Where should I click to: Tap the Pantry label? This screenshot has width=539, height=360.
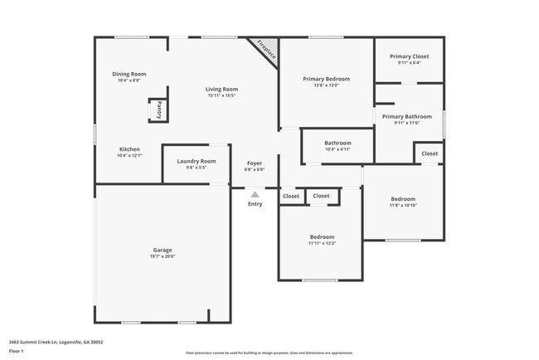pyautogui.click(x=158, y=110)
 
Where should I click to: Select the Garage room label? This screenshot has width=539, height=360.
pyautogui.click(x=163, y=250)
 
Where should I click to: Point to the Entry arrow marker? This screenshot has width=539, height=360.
pyautogui.click(x=255, y=195)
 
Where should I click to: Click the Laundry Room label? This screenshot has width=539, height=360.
pyautogui.click(x=197, y=161)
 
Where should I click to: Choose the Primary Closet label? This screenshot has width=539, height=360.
pyautogui.click(x=409, y=56)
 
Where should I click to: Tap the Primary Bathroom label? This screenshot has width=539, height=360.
pyautogui.click(x=406, y=117)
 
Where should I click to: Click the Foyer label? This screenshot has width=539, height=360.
pyautogui.click(x=255, y=163)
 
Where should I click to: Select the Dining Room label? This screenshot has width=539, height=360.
pyautogui.click(x=129, y=74)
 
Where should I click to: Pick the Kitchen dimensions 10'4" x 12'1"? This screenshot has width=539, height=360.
pyautogui.click(x=129, y=156)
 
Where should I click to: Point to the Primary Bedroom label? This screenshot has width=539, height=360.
pyautogui.click(x=326, y=79)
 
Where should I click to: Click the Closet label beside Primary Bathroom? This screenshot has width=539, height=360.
pyautogui.click(x=430, y=153)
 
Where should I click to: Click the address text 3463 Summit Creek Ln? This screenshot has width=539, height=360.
pyautogui.click(x=56, y=341)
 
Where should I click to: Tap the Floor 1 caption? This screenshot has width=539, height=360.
pyautogui.click(x=17, y=351)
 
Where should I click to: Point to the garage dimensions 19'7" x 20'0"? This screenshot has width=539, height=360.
pyautogui.click(x=163, y=256)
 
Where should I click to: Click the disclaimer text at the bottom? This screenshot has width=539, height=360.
pyautogui.click(x=269, y=353)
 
